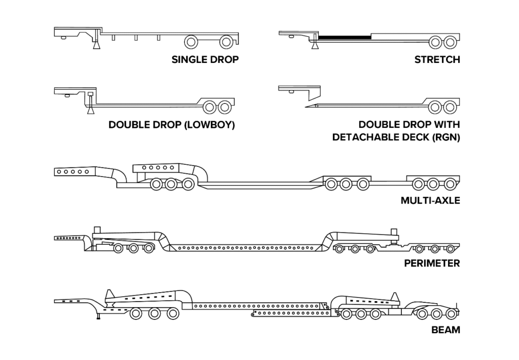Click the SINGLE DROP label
point(205,60)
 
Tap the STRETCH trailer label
point(437,60)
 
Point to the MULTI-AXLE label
point(430,200)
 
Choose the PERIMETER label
point(432,263)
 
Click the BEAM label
point(446,330)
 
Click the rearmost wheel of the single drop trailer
point(226,42)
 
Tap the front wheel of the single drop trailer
point(191,42)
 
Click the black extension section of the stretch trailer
point(345,37)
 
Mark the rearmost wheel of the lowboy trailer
point(225,107)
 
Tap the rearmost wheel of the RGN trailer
point(450,107)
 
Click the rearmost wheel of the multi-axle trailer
point(450,184)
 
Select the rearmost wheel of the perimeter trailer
point(451,249)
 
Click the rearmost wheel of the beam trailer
point(452,313)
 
